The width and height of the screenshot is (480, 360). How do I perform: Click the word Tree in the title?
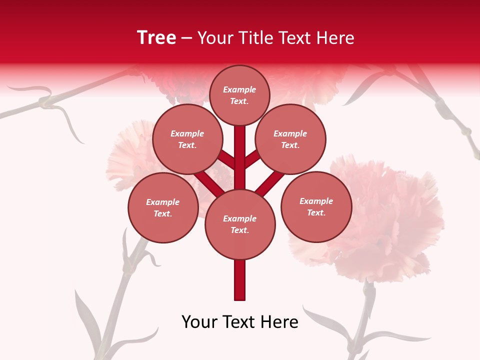(156, 38)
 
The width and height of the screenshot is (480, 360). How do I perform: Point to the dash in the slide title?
(186, 38)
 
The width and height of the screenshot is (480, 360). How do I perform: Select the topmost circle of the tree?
(239, 95)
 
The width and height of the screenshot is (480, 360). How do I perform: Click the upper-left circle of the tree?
(187, 139)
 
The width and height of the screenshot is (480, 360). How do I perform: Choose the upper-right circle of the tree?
(290, 139)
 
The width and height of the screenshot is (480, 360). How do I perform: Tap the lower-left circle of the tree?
(163, 207)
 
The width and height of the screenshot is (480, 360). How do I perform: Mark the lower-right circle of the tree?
(316, 206)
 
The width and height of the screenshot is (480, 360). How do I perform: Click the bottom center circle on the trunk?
(240, 224)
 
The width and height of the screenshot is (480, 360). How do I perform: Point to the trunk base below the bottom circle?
(240, 280)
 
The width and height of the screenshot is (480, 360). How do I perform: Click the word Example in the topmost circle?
(239, 89)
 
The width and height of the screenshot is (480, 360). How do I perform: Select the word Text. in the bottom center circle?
(239, 230)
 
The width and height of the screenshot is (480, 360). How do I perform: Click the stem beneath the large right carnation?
(367, 310)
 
